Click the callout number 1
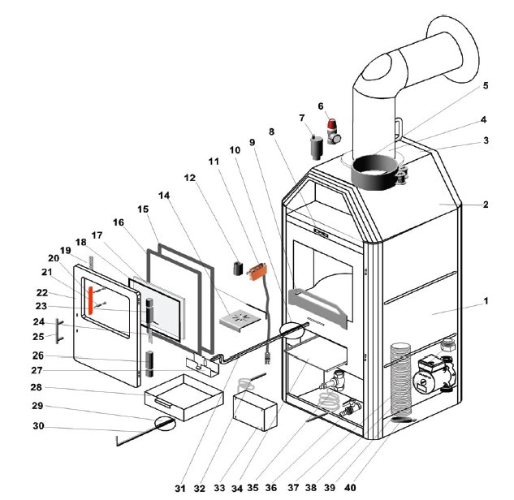click(486, 301)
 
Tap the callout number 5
click(486, 85)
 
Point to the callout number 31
click(179, 488)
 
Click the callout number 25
click(38, 336)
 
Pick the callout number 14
click(165, 196)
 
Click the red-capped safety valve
click(333, 128)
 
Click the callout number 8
click(272, 131)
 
